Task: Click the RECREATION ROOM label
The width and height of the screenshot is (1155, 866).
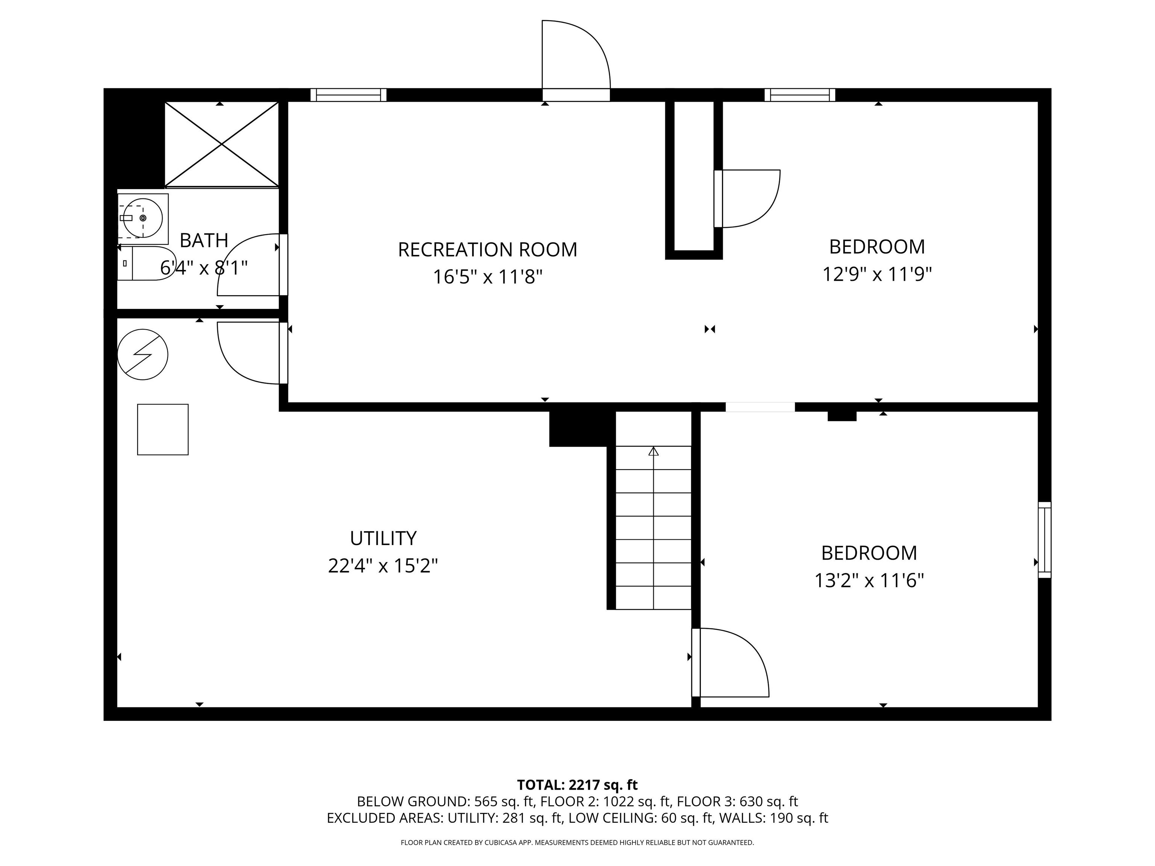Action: pos(487,250)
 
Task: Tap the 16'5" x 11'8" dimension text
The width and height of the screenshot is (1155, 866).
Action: pos(487,277)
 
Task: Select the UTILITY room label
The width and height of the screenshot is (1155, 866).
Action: pos(383,538)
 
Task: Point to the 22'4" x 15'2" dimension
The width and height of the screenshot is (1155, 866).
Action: pos(383,566)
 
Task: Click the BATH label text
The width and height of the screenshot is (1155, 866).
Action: pos(204,241)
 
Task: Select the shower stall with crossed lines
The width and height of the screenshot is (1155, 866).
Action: pos(222,144)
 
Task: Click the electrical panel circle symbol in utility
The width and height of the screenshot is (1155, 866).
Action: pos(142,354)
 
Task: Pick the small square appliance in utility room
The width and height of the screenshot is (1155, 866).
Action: pos(162,430)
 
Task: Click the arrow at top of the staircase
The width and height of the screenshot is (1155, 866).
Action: pos(653,451)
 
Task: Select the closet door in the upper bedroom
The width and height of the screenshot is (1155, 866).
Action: pos(747,198)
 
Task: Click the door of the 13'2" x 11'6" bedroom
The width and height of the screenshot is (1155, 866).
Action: pos(731,662)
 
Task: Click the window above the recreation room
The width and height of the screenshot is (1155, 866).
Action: pos(348,95)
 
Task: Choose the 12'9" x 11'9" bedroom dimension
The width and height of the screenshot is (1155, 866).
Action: pos(877,274)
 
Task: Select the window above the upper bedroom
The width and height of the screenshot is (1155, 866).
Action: pos(799,95)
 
